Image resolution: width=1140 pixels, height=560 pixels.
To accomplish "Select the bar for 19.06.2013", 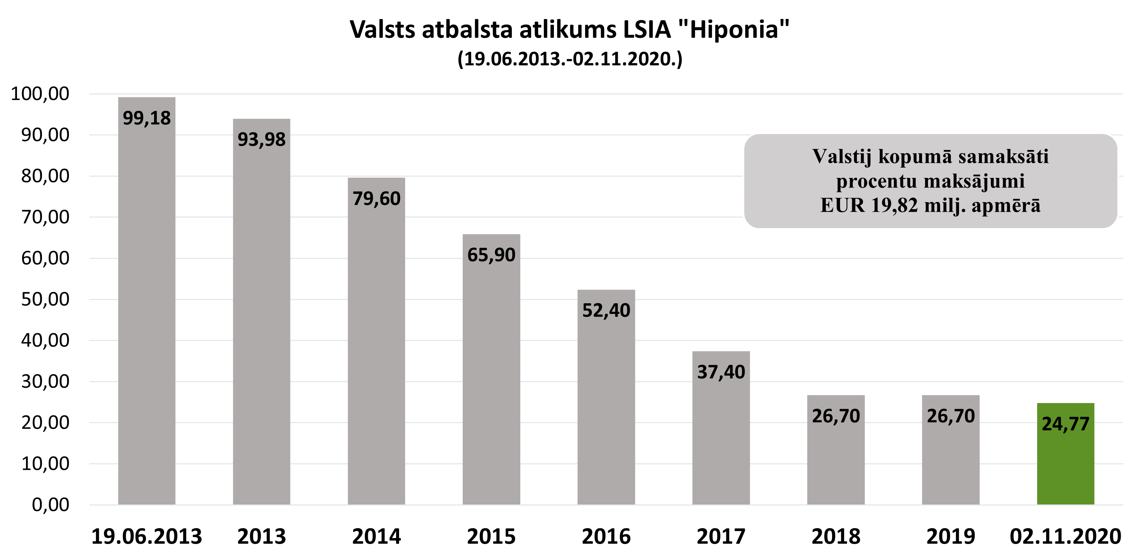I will coord(146,309).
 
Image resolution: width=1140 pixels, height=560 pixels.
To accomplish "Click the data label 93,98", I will coord(262,140).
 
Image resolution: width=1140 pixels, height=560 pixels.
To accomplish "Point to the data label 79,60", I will coord(376,199).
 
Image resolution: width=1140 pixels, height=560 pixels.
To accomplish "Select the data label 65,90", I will coord(491,255).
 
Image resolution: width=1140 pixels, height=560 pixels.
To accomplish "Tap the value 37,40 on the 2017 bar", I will coord(721,372).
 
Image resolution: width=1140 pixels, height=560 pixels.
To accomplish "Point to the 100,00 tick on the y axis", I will coord(40,94).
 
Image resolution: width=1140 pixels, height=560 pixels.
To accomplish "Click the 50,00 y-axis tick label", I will coord(45,299).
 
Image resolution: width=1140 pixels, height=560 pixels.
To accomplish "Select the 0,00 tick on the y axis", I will coord(51,504).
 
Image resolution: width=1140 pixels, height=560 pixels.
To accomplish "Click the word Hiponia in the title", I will coord(734,30).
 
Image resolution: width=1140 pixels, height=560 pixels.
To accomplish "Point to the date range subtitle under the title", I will coord(570,59).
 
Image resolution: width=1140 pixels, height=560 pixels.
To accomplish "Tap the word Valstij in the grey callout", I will coord(842,157).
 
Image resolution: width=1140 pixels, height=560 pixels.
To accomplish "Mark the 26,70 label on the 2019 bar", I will coord(951,416).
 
